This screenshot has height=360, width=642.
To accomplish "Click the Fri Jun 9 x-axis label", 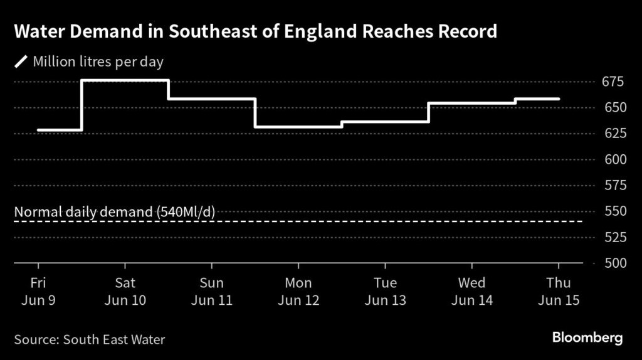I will [38, 291].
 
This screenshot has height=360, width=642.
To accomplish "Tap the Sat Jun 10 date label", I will [125, 291].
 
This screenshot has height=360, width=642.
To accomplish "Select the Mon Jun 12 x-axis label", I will [298, 291].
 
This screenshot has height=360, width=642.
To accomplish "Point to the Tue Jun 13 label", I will [385, 291].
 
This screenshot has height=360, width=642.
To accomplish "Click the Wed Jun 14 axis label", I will [471, 291].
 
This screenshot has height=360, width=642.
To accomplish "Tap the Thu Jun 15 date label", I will [558, 291].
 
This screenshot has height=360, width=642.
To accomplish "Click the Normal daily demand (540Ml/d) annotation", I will [115, 212].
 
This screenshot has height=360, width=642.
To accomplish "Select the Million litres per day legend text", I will [98, 62].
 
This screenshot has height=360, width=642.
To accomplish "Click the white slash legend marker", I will [21, 61].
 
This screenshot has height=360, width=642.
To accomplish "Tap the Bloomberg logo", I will [587, 338].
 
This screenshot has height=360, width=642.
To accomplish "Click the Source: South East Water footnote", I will [90, 340].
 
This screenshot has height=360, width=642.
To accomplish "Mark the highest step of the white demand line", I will [125, 80].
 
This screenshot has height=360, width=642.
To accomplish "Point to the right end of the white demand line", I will [559, 99].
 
